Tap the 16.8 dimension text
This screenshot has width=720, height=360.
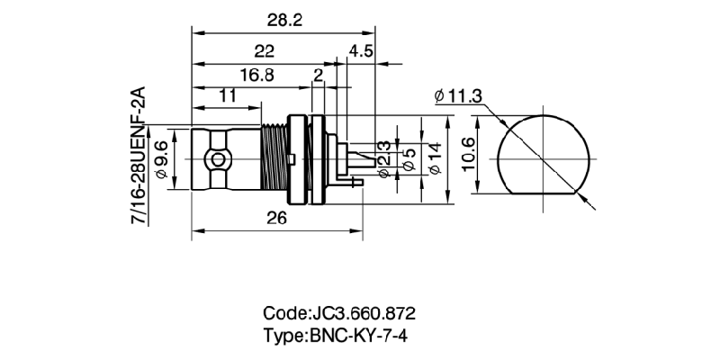256,76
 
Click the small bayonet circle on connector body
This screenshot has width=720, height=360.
217,161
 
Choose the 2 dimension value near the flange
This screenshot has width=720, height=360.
318,76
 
